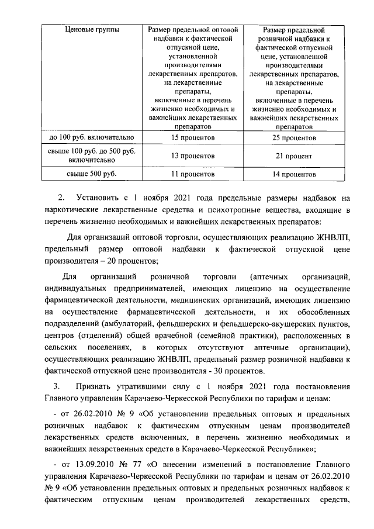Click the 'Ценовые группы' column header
tap(90, 30)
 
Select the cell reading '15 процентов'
tap(191, 137)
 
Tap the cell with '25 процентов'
tap(295, 137)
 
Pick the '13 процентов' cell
tap(191, 156)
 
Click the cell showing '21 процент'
tap(295, 156)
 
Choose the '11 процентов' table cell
tap(191, 174)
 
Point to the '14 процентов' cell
tap(295, 174)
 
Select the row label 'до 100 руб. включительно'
tap(90, 137)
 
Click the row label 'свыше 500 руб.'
tap(90, 174)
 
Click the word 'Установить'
tap(98, 198)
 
